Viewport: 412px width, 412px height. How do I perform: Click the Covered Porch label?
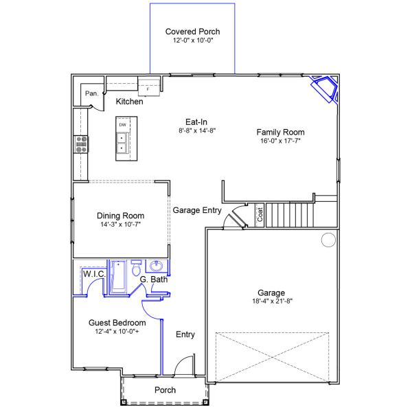(192, 32)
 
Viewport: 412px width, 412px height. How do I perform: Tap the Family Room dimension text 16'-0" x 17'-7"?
(280, 141)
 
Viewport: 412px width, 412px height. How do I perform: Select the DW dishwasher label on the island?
(123, 125)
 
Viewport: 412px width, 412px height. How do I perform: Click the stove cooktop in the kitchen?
(81, 144)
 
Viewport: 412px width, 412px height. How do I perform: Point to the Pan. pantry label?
(92, 93)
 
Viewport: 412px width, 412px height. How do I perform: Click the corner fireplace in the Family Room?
(325, 89)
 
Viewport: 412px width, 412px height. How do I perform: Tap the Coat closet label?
(260, 215)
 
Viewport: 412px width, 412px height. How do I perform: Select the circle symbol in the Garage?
(328, 240)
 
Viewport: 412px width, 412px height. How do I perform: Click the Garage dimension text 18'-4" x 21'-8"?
(273, 301)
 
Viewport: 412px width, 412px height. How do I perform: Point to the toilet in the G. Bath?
(136, 268)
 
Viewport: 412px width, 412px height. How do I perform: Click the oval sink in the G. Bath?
(157, 266)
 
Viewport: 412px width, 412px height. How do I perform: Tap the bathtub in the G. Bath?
(119, 277)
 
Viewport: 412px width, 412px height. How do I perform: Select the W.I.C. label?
(95, 274)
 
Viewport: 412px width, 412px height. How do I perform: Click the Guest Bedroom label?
(117, 323)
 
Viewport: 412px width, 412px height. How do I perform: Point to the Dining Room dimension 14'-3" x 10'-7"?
(121, 225)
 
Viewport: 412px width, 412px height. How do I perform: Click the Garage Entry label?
(197, 210)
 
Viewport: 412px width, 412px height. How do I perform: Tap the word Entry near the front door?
(185, 334)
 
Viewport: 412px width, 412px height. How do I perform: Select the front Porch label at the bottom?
(165, 390)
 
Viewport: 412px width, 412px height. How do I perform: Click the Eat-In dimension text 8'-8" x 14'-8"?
(197, 130)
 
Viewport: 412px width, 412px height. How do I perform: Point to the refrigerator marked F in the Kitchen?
(149, 87)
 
